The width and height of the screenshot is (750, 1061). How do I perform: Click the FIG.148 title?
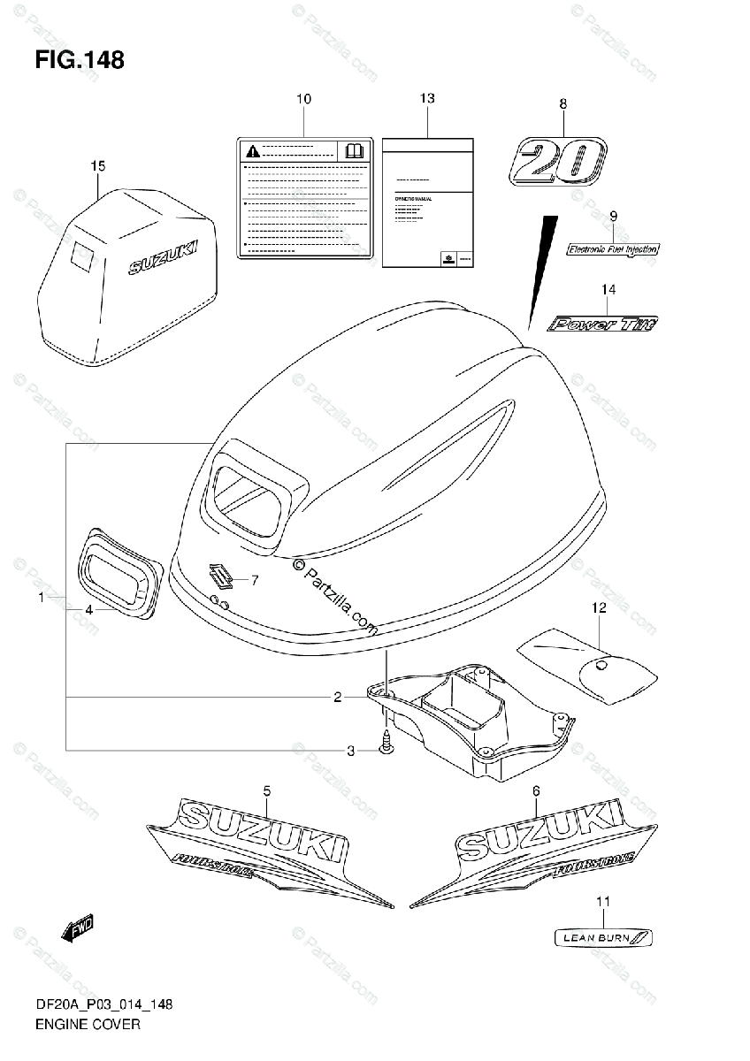pos(80,60)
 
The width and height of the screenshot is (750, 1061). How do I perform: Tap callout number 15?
pos(97,165)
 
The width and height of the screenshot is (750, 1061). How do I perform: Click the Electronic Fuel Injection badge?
pos(612,249)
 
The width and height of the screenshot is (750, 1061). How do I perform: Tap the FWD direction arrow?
pos(77,929)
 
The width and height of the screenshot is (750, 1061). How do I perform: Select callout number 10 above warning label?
pos(303,99)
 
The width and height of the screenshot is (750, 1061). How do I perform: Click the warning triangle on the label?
pos(253,150)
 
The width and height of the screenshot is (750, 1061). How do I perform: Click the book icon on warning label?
pos(354,151)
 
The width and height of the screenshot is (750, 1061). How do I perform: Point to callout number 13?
pos(427,99)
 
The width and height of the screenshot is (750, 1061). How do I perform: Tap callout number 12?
pos(599,607)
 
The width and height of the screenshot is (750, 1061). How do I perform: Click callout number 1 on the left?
pos(41,599)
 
